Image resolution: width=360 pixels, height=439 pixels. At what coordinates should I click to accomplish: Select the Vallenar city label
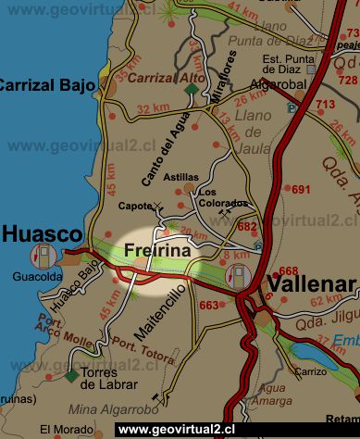(311, 284)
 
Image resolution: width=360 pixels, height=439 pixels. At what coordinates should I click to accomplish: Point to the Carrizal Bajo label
(48, 86)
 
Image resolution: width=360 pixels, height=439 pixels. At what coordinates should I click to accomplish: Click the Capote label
(136, 206)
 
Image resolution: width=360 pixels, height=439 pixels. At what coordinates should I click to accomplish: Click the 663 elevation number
(209, 305)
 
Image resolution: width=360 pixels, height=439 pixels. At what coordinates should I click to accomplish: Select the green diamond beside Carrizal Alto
(192, 89)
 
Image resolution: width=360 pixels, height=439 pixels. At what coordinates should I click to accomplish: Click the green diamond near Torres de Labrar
(72, 375)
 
